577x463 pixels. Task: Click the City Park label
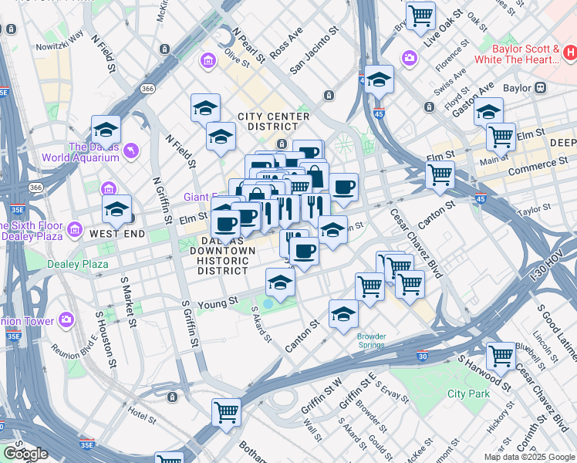[468, 394]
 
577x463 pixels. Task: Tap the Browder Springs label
[371, 340]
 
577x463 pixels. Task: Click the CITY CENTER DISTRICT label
[273, 122]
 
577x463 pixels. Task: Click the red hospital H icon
[570, 52]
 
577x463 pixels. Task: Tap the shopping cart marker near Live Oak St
[420, 15]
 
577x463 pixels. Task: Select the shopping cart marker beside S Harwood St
[501, 357]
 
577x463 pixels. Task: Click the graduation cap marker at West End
[116, 209]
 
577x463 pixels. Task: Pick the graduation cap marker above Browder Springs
[343, 313]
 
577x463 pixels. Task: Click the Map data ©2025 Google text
[528, 457]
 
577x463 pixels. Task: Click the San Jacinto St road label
[313, 53]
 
